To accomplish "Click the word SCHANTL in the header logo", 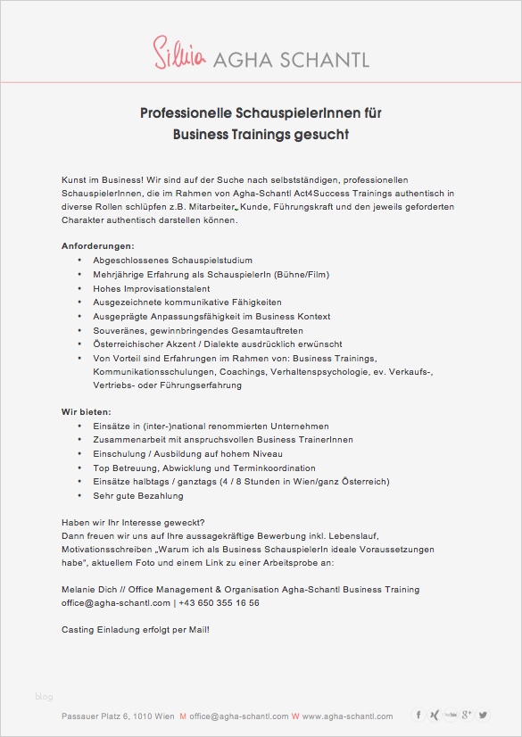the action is [x=323, y=59].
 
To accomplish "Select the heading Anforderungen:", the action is [x=98, y=245].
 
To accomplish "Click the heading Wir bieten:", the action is [x=87, y=412].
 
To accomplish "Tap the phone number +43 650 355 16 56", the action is [x=220, y=603].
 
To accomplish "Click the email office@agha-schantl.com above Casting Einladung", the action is [x=114, y=603].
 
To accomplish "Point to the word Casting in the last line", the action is [x=77, y=630].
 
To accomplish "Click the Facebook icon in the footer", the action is [x=418, y=715].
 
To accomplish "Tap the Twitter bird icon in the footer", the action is [x=483, y=715].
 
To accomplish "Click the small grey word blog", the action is [x=44, y=696].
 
